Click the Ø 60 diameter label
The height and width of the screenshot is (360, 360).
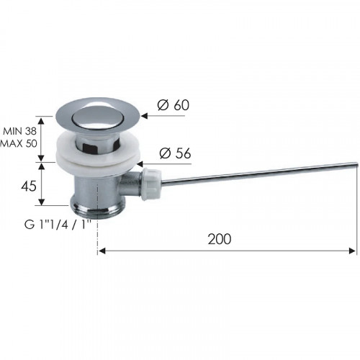(x=174, y=105)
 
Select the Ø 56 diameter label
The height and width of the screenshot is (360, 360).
(x=175, y=153)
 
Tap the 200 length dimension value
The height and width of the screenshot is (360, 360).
(x=220, y=239)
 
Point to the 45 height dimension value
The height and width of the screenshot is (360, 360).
(x=29, y=186)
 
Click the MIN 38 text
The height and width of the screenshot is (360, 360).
(x=19, y=131)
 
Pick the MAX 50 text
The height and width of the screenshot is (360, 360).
(x=19, y=143)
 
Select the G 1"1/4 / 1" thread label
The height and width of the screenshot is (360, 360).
(x=58, y=225)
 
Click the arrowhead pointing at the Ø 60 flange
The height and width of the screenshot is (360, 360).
(x=144, y=116)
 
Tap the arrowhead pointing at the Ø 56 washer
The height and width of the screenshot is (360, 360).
(x=140, y=164)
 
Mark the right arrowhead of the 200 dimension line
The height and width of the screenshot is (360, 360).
(x=352, y=251)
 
